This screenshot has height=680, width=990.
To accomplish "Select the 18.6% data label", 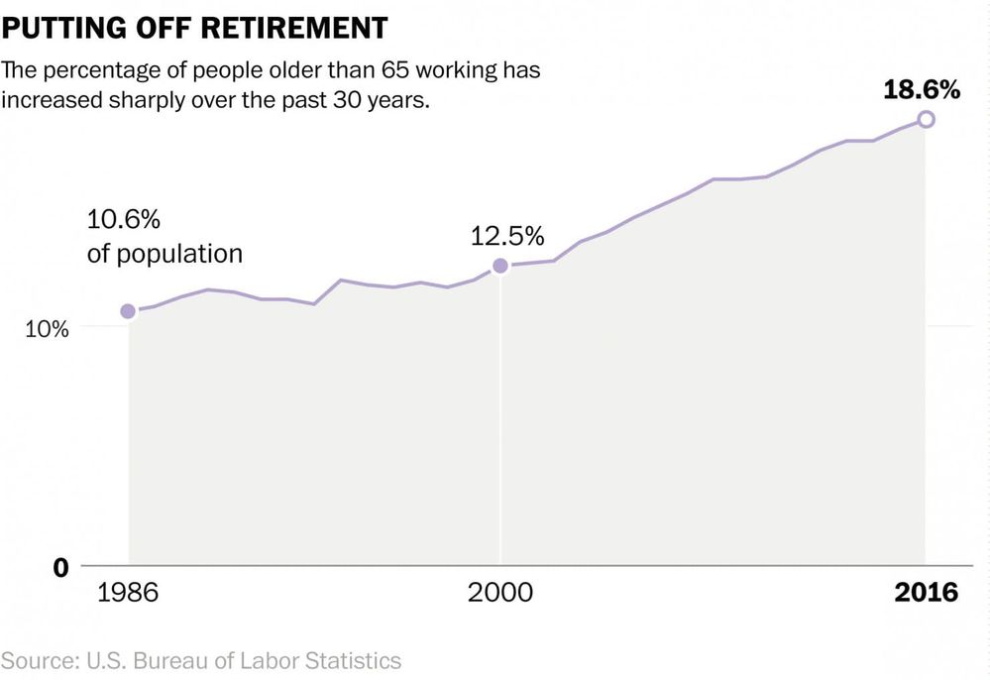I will (x=923, y=89).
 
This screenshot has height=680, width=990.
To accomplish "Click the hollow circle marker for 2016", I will (x=926, y=120).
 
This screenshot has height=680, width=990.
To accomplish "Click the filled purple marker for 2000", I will (x=500, y=266).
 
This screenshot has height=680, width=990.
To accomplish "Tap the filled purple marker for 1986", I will (x=128, y=311).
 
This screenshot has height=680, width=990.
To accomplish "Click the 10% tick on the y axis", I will (x=47, y=329).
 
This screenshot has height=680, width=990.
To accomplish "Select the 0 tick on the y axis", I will (x=61, y=567).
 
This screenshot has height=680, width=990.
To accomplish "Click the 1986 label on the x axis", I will (x=128, y=593).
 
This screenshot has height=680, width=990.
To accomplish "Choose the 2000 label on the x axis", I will (x=500, y=593).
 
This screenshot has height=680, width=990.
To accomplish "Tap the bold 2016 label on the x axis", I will (x=926, y=593).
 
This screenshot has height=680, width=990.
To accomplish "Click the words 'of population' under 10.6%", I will (x=165, y=254).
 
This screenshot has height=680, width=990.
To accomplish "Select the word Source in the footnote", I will (x=36, y=659).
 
